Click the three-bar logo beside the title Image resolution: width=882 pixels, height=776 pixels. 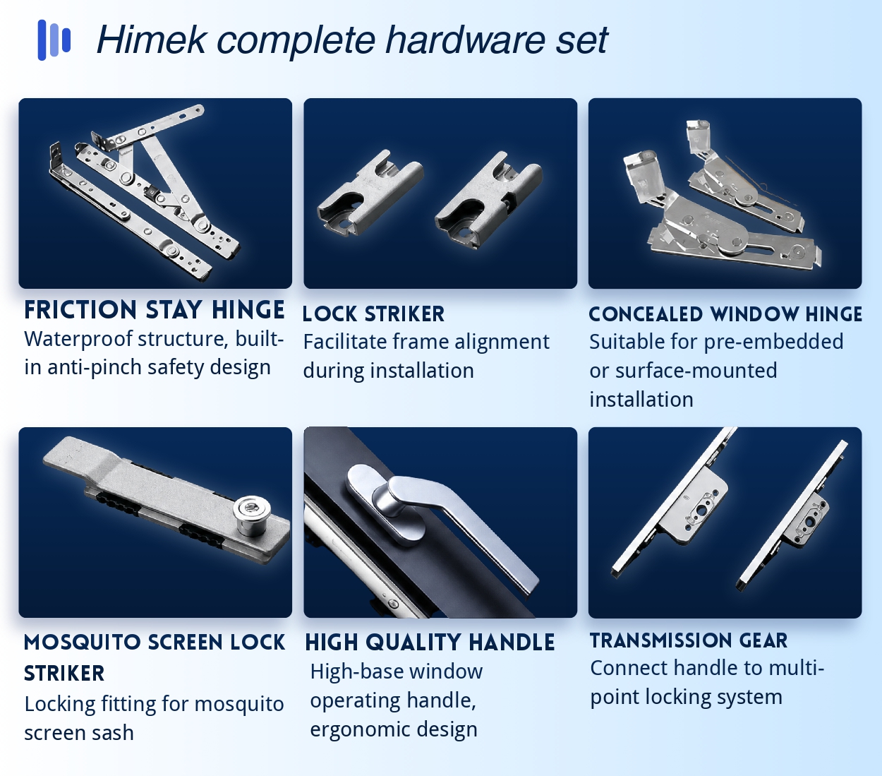tap(54, 40)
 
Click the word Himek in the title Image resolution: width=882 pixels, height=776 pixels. tap(152, 40)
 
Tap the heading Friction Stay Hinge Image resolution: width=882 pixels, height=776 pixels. tap(154, 310)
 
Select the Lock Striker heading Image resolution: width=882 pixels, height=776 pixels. tap(373, 314)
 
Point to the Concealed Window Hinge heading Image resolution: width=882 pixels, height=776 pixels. tap(725, 314)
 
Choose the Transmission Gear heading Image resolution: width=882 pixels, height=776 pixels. tap(689, 640)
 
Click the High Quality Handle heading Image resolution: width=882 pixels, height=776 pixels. tap(430, 643)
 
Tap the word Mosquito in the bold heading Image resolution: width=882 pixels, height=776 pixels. tap(83, 643)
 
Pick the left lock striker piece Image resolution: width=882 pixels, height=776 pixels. tap(370, 194)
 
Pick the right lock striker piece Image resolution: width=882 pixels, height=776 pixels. tap(488, 201)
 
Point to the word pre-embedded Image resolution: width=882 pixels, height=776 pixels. tap(773, 342)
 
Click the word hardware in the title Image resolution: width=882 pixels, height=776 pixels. tap(466, 40)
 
